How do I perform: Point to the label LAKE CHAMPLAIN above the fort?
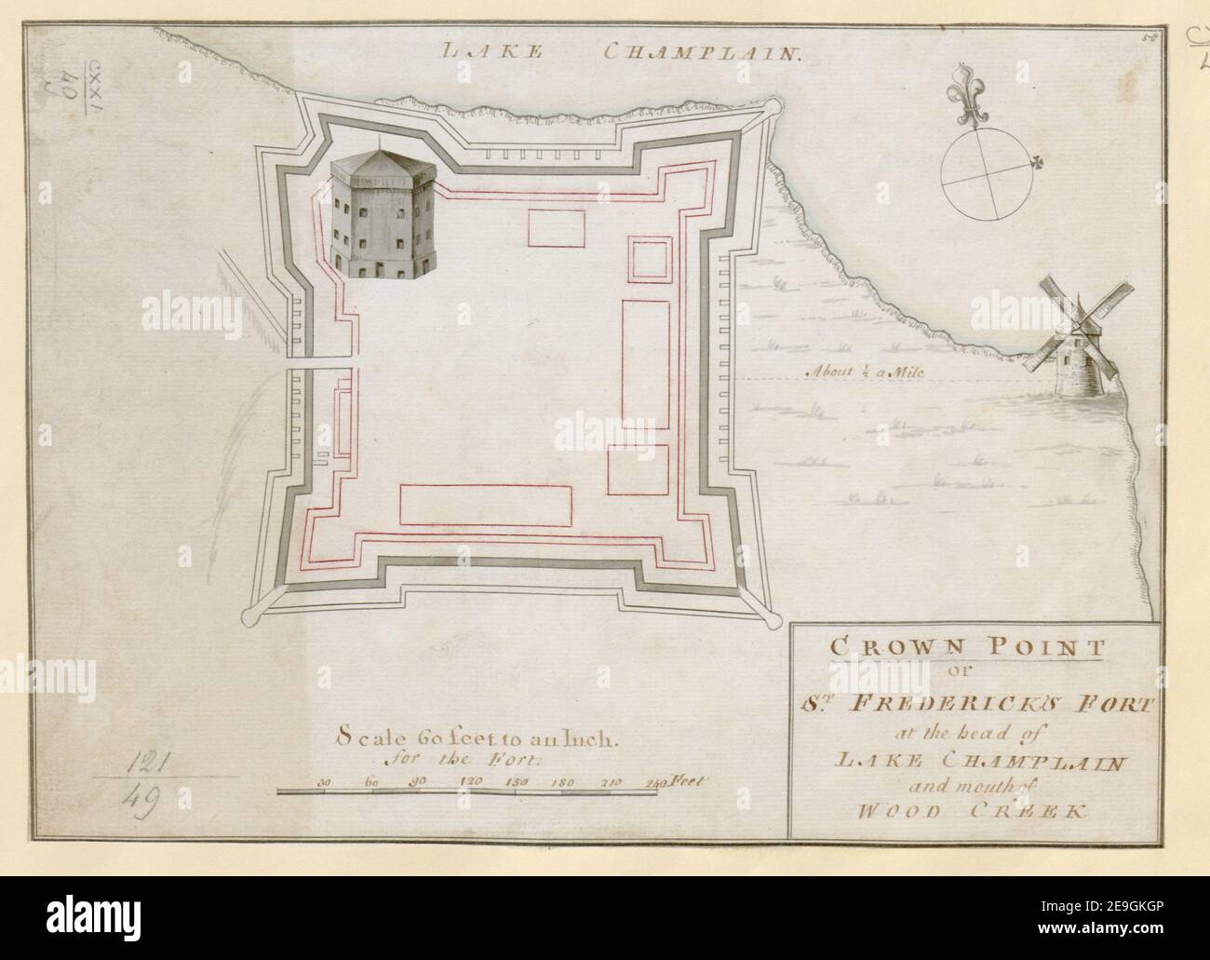coord(623,54)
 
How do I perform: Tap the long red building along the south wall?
coord(486,506)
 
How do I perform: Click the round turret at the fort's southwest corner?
coord(250,615)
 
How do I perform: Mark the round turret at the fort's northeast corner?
coord(773,110)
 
